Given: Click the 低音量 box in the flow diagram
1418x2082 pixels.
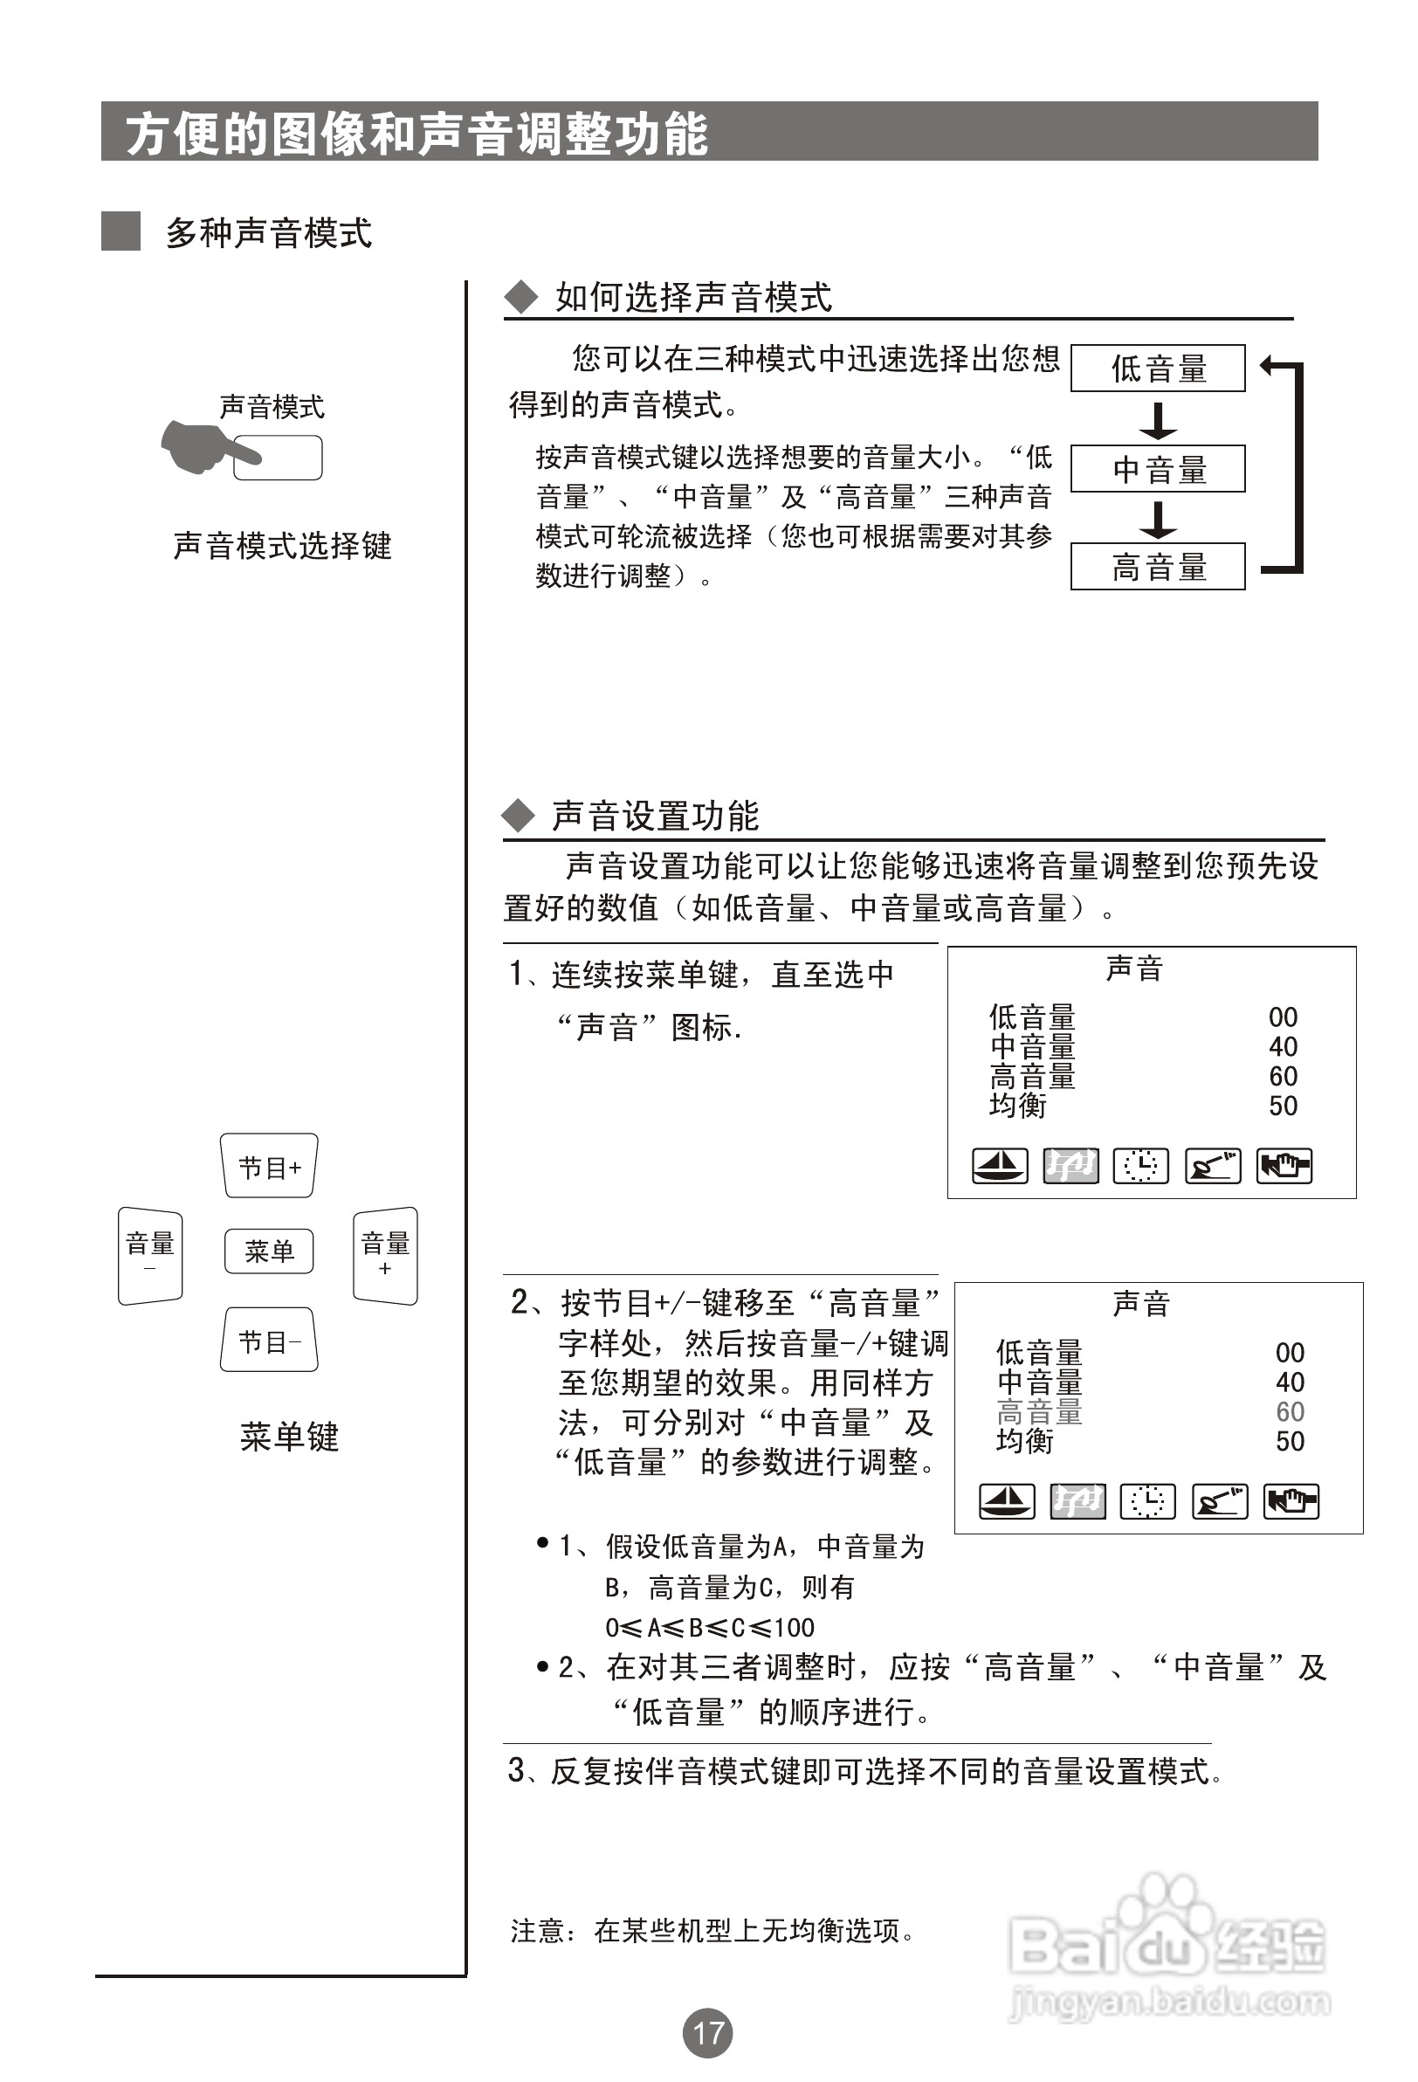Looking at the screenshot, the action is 1157,369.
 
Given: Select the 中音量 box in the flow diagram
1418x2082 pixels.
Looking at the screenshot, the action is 1157,469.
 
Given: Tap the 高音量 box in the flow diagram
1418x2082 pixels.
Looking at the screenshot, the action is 1157,566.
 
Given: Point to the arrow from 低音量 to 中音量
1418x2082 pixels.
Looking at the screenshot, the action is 1158,419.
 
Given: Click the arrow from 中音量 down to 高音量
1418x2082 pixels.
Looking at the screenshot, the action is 1158,519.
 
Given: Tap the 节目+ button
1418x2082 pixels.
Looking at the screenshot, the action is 269,1167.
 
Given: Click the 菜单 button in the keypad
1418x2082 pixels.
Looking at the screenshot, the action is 269,1251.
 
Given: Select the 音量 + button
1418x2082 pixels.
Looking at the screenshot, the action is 385,1254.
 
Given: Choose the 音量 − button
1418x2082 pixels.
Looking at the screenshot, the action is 150,1254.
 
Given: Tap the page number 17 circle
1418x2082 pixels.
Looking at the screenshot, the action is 707,2032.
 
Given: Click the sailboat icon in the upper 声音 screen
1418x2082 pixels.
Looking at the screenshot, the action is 1000,1166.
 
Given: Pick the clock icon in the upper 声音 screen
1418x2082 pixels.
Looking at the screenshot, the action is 1140,1166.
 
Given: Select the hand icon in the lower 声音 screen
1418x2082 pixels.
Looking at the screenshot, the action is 1291,1501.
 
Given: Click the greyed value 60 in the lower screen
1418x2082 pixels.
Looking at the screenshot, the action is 1290,1412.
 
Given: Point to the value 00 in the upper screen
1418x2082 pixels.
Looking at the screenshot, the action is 1283,1017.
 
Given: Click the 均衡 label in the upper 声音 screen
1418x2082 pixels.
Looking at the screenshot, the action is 1017,1106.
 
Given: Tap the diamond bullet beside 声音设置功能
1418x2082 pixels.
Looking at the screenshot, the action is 518,814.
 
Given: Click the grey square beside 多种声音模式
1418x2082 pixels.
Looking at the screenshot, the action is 120,231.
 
